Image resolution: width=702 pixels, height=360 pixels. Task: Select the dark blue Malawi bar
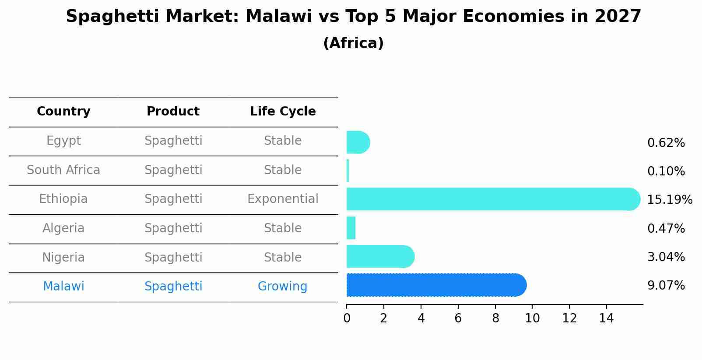(x=436, y=285)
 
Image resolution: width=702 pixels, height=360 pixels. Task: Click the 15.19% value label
(x=669, y=200)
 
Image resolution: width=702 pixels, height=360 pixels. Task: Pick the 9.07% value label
(x=666, y=286)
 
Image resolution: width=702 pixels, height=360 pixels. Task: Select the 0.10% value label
(x=666, y=171)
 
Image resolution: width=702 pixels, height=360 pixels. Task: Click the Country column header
(x=63, y=112)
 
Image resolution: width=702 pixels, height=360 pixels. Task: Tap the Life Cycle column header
(x=283, y=112)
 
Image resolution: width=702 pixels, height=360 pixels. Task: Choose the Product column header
(x=173, y=112)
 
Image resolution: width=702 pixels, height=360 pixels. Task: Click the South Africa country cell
(x=63, y=170)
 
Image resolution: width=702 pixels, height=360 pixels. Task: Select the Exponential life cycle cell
(x=283, y=199)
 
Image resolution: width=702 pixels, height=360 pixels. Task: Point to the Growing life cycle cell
(x=282, y=287)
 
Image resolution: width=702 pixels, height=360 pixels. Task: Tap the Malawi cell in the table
(x=63, y=287)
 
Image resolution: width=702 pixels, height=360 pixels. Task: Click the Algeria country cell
(x=63, y=228)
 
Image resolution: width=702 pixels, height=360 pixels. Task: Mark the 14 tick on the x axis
(x=607, y=318)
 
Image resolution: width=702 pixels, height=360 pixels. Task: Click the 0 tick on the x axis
(x=347, y=318)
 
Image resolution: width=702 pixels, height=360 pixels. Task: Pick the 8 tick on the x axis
(x=495, y=318)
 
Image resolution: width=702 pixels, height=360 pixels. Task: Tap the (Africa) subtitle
(x=353, y=43)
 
